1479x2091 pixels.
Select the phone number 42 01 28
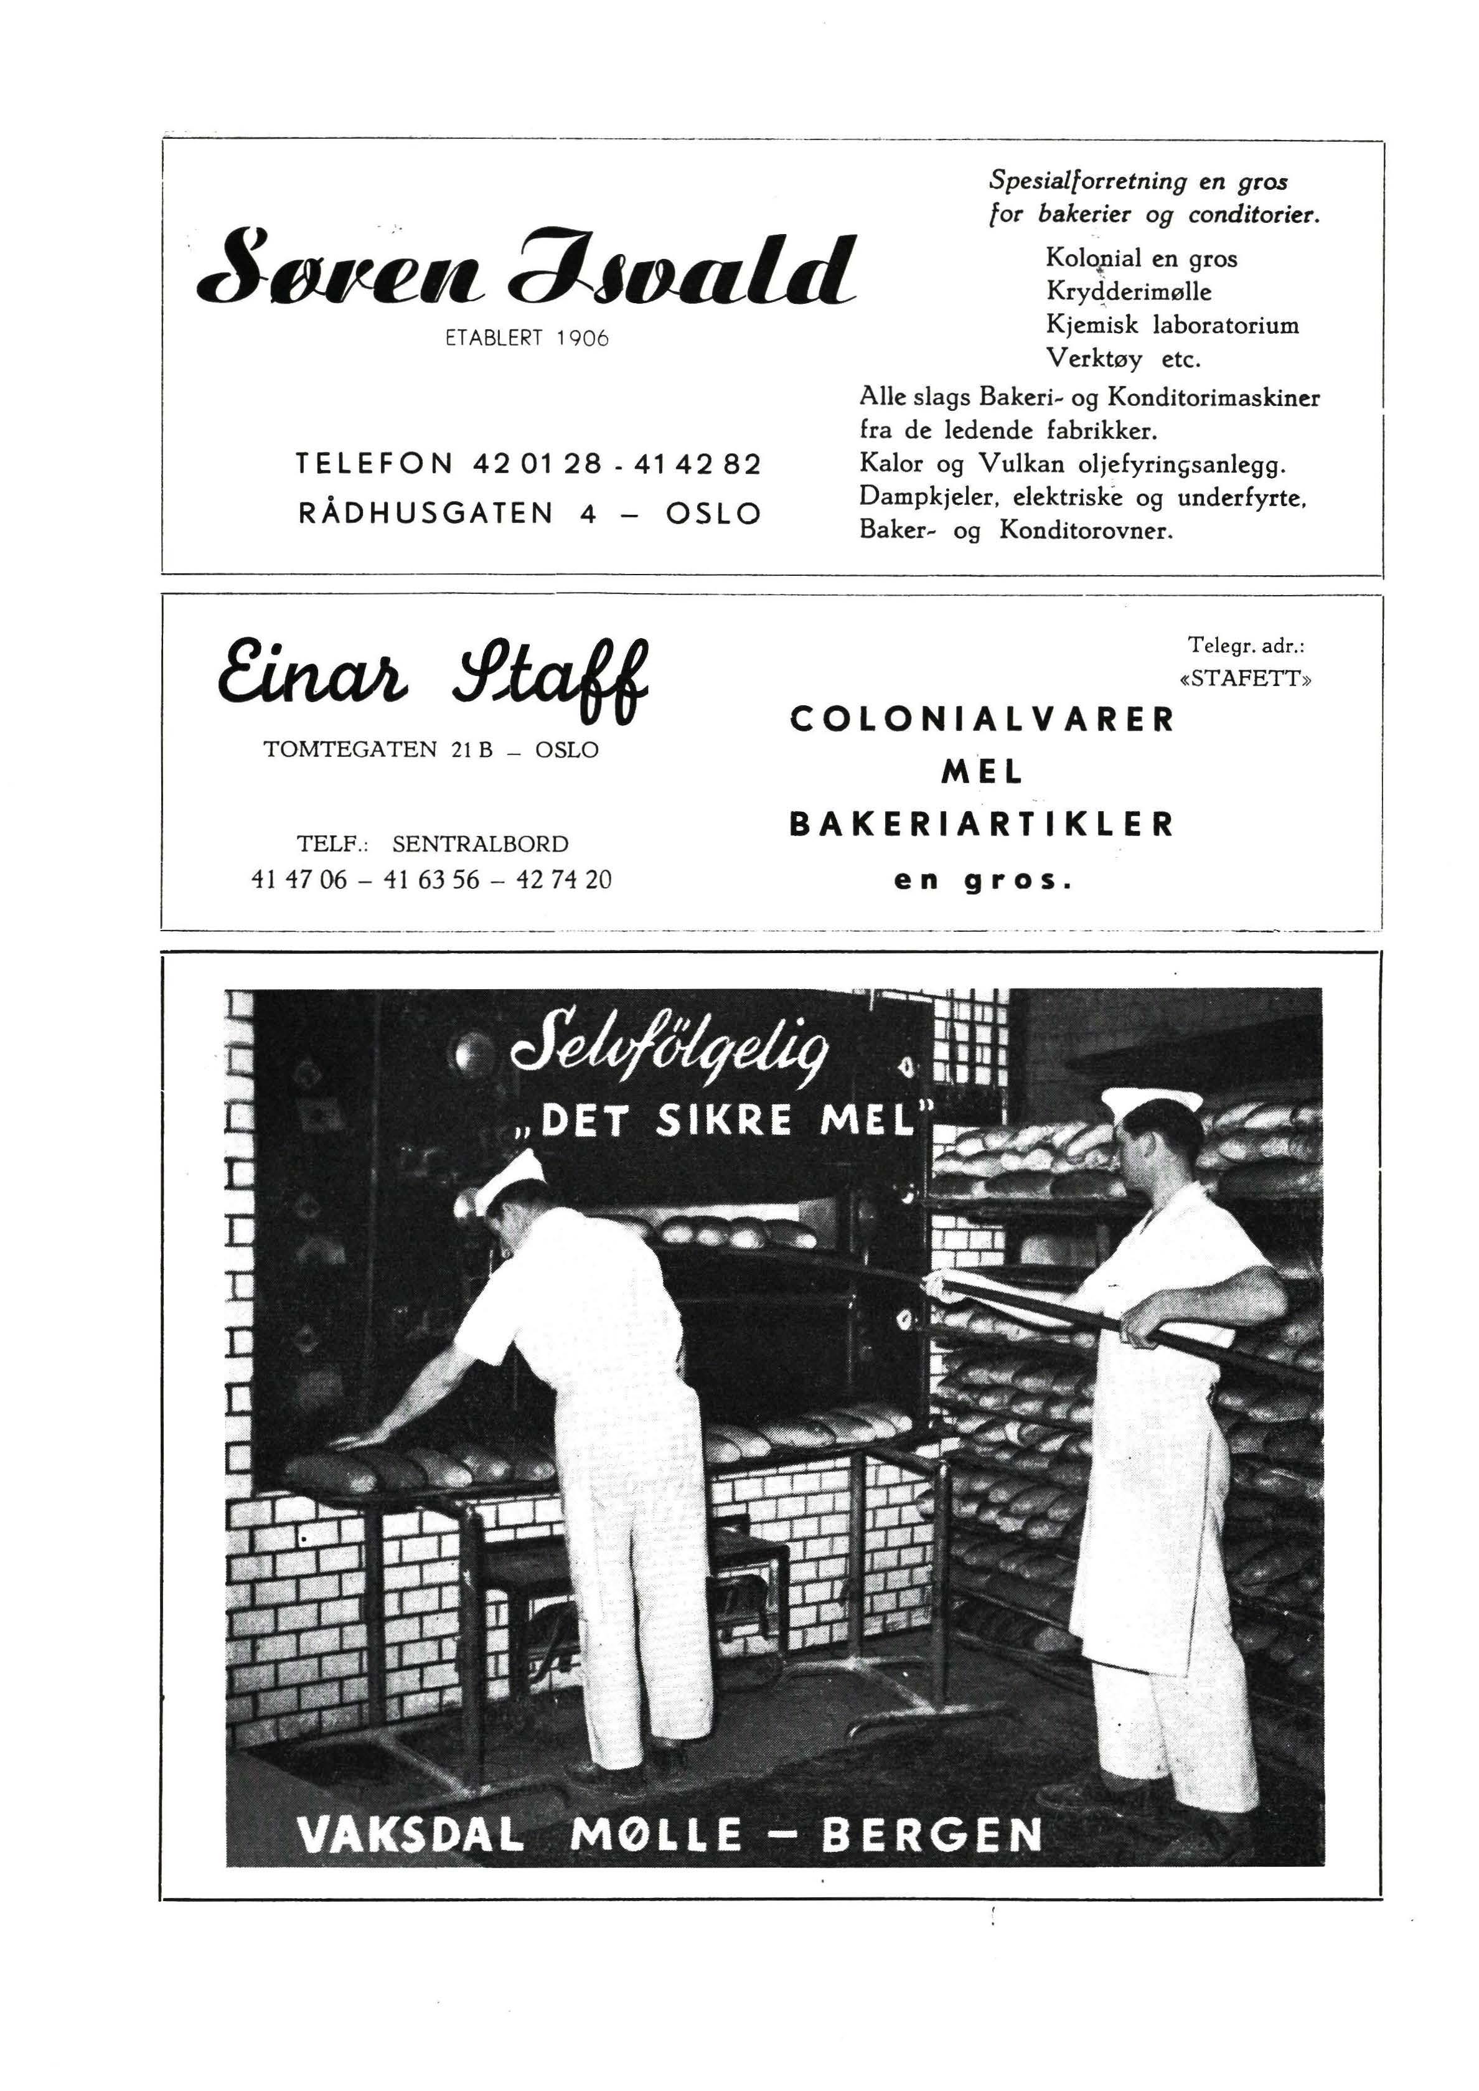pos(537,464)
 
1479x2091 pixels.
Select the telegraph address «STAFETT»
pos(1245,679)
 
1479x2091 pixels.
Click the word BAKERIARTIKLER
pos(982,825)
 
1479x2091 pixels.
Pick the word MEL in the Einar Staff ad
pos(982,773)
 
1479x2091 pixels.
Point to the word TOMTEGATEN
pos(350,749)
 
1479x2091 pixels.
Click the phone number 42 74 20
pos(564,880)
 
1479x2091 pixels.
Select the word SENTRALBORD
pos(480,844)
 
